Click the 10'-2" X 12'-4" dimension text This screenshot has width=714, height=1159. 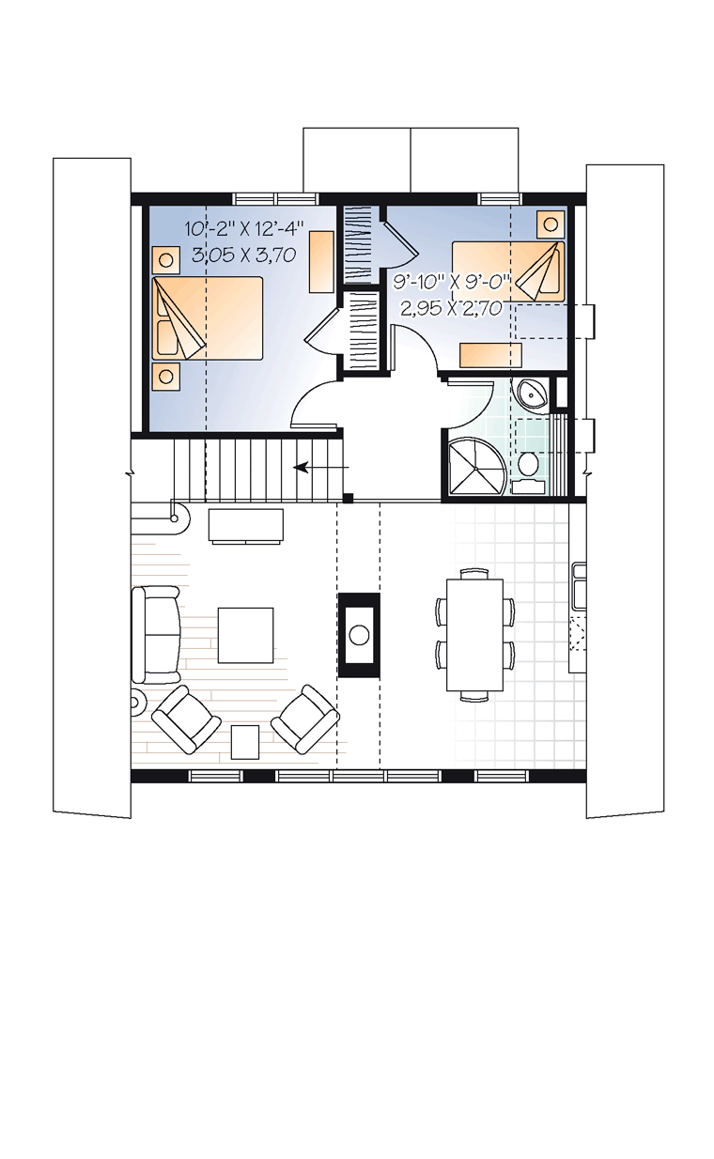[244, 227]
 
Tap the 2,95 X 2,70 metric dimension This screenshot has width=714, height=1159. [450, 308]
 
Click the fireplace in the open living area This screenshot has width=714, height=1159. [359, 634]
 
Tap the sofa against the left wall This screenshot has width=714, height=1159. [156, 634]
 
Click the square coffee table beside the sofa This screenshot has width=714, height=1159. [245, 635]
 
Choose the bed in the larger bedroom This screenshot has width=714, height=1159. [208, 317]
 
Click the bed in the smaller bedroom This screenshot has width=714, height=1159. [508, 271]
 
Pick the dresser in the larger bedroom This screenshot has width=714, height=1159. [321, 261]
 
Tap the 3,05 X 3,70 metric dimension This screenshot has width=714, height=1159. [243, 255]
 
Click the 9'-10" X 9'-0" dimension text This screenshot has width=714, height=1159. [452, 283]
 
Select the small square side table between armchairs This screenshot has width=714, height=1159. [244, 741]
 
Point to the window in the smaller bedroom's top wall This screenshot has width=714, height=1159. [500, 199]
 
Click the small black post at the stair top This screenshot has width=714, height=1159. [349, 499]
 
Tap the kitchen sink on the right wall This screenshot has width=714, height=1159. [579, 587]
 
